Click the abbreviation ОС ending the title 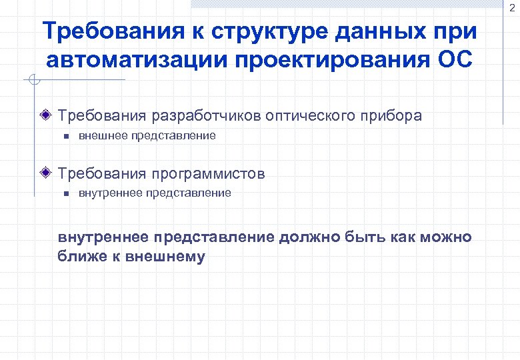click(455, 59)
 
